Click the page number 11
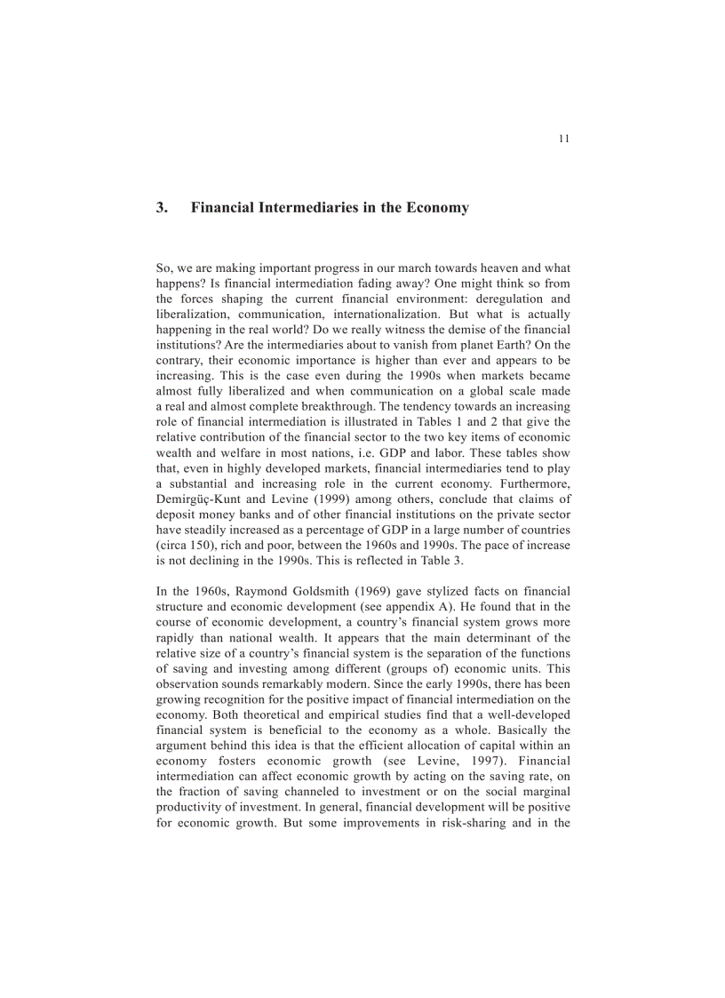(x=564, y=139)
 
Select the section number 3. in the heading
(x=162, y=208)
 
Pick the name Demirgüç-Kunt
(x=198, y=499)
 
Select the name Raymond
(x=265, y=591)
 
